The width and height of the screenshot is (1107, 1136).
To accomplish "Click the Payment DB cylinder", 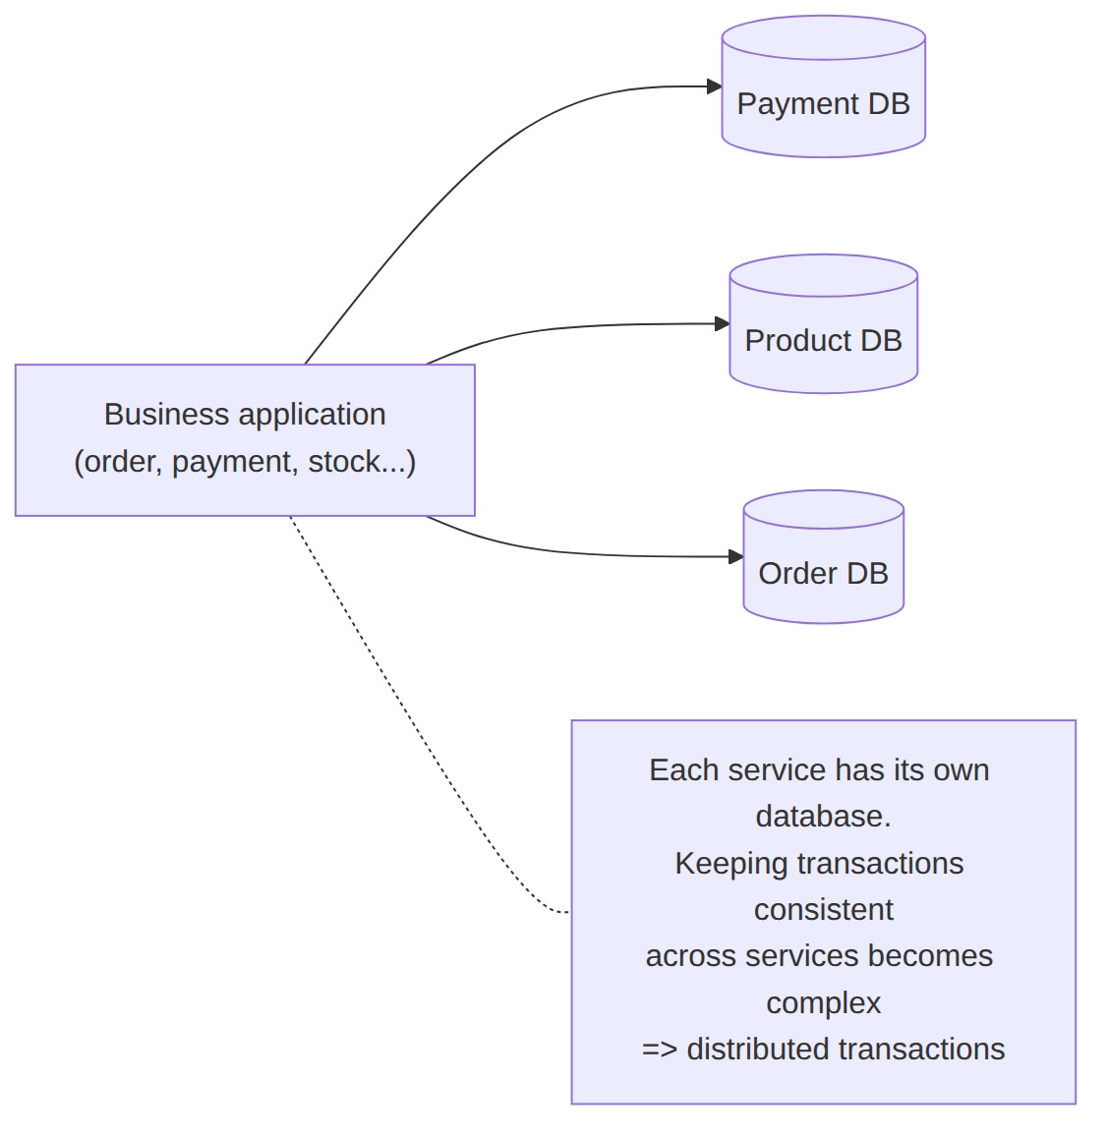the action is [x=824, y=86].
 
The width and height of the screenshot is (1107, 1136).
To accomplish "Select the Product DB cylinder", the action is [x=824, y=324].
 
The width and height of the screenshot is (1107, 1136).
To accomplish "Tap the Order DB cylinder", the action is [x=824, y=556].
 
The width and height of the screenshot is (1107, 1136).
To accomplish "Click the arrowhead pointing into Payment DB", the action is [x=714, y=86].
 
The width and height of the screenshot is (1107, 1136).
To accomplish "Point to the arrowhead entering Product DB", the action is [x=722, y=324].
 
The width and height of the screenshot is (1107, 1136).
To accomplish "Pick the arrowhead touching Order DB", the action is [x=735, y=556].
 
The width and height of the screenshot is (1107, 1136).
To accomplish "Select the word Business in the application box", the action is [x=167, y=415].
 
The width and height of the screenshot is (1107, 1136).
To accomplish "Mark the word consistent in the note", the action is [x=824, y=910].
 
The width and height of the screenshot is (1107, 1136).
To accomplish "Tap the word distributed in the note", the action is [x=758, y=1050].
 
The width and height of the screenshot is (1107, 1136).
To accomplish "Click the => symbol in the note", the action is [x=660, y=1050].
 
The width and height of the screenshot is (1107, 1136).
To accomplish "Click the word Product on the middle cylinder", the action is [x=797, y=341].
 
